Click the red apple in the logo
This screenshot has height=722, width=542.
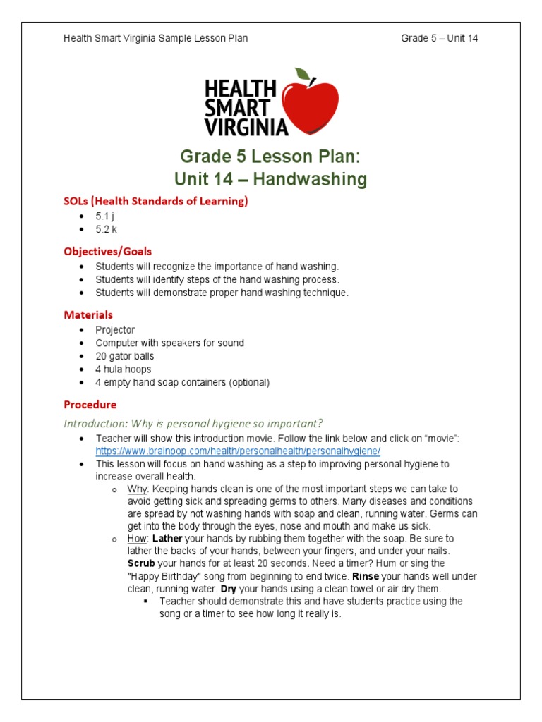click(x=310, y=106)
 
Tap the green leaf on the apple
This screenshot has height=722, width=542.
click(x=302, y=74)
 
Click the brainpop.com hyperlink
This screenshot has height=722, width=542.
click(x=238, y=451)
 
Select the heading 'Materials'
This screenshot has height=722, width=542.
click(x=88, y=314)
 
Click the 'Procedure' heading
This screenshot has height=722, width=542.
click(x=90, y=405)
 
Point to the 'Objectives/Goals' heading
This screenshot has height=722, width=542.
click(x=108, y=251)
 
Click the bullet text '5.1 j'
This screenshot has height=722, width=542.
click(x=106, y=216)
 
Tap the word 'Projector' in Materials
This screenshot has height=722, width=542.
click(x=115, y=329)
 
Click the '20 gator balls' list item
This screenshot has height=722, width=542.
click(x=125, y=356)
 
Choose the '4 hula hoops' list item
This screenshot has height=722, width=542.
click(x=124, y=369)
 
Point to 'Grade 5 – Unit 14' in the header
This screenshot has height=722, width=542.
click(x=439, y=38)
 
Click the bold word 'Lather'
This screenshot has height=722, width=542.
click(x=168, y=539)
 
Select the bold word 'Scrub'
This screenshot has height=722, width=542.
click(x=141, y=563)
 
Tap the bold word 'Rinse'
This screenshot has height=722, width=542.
click(x=366, y=576)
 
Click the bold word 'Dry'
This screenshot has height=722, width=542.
click(x=228, y=589)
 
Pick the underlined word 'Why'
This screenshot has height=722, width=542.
click(x=138, y=489)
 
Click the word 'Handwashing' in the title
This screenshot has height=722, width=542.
click(x=311, y=179)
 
